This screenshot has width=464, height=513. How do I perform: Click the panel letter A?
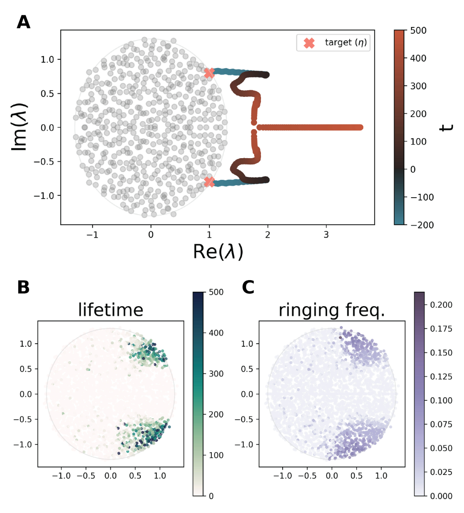click(x=23, y=22)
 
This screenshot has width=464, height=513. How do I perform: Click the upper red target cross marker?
click(x=209, y=73)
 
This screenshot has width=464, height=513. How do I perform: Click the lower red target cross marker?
click(x=209, y=182)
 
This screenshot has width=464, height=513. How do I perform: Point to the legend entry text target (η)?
click(x=345, y=43)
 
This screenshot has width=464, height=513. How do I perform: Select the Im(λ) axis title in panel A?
click(x=21, y=127)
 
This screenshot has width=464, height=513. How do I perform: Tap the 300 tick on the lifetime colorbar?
click(x=218, y=374)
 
